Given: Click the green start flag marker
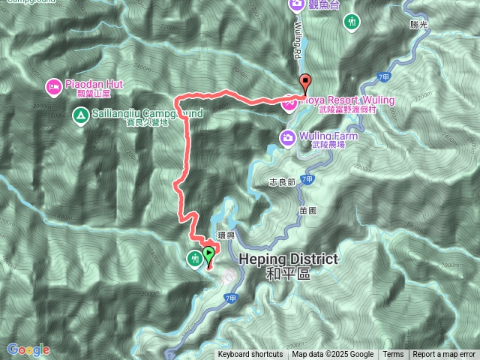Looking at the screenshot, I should [208, 255].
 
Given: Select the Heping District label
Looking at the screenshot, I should [288, 259].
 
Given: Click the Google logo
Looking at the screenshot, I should [28, 349].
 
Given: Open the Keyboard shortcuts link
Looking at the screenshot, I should [250, 355].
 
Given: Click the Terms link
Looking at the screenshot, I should [393, 355].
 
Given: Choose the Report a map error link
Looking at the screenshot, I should [444, 355].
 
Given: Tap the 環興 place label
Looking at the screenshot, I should [226, 235].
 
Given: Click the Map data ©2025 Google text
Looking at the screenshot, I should [333, 355].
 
